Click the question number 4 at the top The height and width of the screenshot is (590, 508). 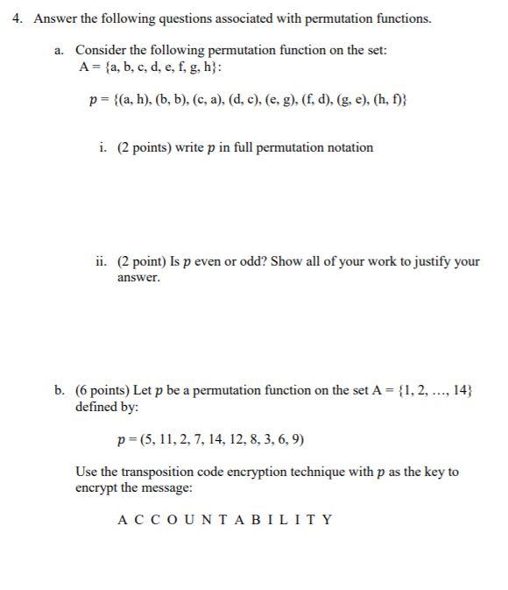coord(17,18)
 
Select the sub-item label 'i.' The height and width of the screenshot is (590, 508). coord(103,147)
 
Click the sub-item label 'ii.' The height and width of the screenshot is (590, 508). coord(102,261)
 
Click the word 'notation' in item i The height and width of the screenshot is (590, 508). coord(349,147)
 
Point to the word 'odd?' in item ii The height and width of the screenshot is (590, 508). coord(252,261)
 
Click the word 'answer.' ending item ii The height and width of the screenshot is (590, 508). coord(139,278)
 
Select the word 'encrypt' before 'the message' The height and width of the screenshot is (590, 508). coord(96,488)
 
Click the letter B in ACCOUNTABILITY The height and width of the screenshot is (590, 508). coord(232,520)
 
